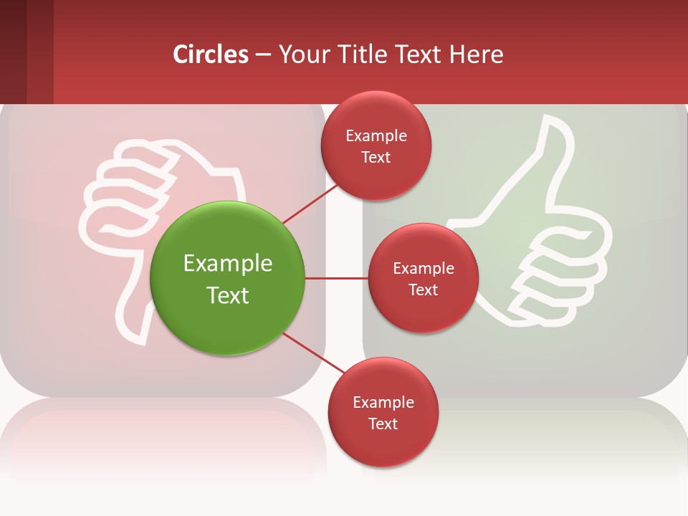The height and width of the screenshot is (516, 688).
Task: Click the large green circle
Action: click(228, 278)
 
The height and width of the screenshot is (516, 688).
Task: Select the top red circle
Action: click(376, 145)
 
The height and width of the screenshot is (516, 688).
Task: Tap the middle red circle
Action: click(423, 278)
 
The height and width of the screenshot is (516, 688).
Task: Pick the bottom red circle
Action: click(383, 412)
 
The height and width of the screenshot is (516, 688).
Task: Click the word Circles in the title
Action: click(211, 54)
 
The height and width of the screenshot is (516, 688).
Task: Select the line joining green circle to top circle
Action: click(310, 204)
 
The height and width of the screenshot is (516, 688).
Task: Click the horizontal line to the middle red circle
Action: click(337, 278)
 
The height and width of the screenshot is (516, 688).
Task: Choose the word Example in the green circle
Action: click(228, 264)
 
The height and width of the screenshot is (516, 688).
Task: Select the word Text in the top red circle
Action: click(376, 158)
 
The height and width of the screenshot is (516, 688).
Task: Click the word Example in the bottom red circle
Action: click(383, 402)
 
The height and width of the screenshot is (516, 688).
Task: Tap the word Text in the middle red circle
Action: click(423, 290)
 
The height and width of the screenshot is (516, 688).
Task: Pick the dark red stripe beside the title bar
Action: click(26, 52)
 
